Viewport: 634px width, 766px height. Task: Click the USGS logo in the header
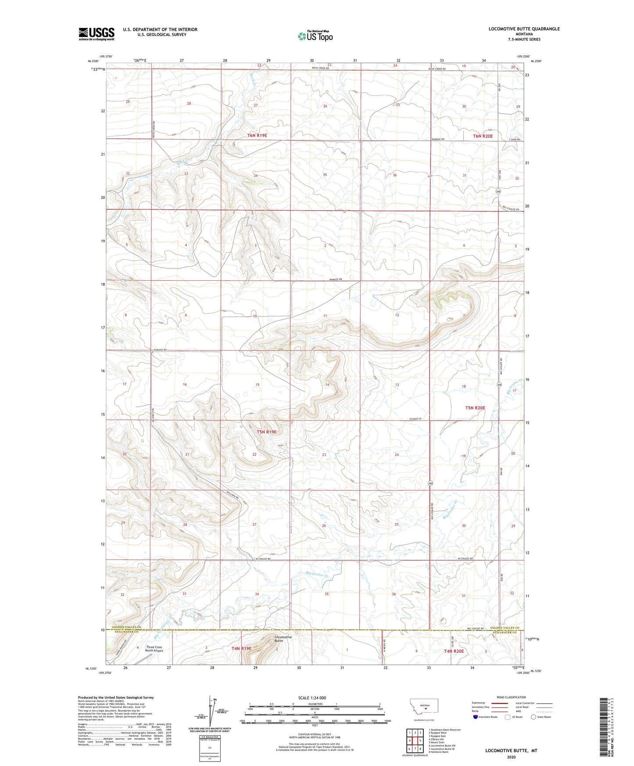coord(96,34)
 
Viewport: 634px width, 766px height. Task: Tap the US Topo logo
coord(315,36)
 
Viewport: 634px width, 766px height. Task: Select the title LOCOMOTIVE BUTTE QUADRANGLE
coord(524,29)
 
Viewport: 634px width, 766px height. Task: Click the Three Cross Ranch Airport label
coord(154,649)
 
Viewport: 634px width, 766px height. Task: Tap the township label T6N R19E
coord(257,136)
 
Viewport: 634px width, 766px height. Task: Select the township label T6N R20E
coord(483,136)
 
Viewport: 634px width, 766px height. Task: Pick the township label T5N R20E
coord(475,408)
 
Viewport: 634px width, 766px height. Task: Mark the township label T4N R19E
coord(241,648)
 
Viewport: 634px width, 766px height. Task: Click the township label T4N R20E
coord(454,651)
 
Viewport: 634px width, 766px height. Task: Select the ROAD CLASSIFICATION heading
coord(511,697)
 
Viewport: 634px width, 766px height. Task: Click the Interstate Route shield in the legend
coord(476,717)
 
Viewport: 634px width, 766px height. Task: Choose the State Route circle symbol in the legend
coord(534,717)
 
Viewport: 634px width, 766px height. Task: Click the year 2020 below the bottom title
coord(511,757)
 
